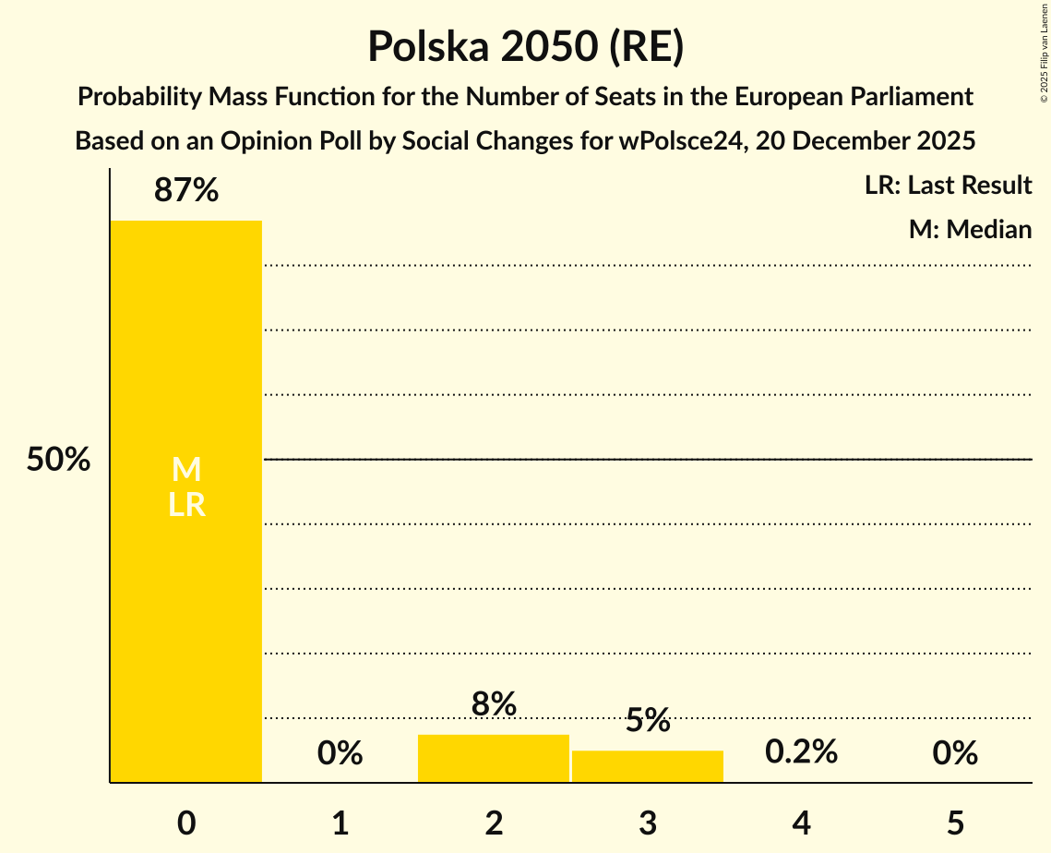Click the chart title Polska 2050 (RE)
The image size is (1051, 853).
(x=525, y=46)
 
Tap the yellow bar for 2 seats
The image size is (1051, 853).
(x=494, y=758)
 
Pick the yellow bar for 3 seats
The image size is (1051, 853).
(x=648, y=766)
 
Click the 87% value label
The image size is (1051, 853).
(x=186, y=191)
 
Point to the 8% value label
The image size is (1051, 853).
(x=494, y=705)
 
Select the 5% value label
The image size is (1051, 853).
(x=648, y=721)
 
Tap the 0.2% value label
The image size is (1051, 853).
(x=801, y=752)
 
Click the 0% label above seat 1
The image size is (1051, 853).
(x=340, y=754)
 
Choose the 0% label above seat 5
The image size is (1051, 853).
(x=954, y=754)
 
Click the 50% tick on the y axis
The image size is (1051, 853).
(x=58, y=460)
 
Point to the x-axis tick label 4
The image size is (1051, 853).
(x=801, y=823)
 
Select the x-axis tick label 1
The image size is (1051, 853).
(x=340, y=823)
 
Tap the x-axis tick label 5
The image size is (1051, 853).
(x=954, y=823)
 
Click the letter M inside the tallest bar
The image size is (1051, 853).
(x=186, y=471)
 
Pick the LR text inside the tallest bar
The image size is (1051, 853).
(x=186, y=505)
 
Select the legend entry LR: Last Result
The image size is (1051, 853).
(x=948, y=186)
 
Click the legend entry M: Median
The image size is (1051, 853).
(x=970, y=229)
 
